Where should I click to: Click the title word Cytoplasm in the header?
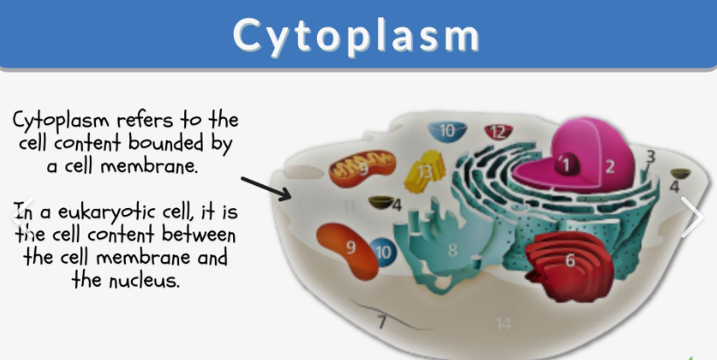[357, 35]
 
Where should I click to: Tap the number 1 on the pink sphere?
[565, 163]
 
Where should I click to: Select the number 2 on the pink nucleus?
[610, 165]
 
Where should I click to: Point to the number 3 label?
[650, 157]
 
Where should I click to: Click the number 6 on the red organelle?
[569, 260]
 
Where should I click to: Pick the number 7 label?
[382, 322]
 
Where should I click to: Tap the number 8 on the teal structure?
[452, 251]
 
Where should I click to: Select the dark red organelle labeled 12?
[498, 133]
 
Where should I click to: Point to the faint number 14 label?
[502, 324]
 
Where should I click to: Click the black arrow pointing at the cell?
[267, 188]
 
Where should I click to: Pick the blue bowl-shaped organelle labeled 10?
[447, 132]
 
